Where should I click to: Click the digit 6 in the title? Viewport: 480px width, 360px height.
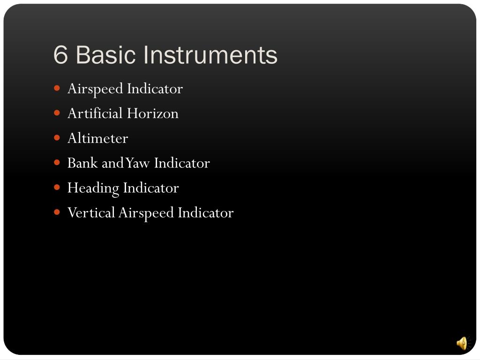[61, 55]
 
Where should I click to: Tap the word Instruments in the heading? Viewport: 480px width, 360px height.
[210, 55]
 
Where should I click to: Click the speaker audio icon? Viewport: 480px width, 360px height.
[462, 343]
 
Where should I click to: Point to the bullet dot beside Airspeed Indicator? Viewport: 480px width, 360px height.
[57, 88]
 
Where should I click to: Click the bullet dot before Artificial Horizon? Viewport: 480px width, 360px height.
[57, 113]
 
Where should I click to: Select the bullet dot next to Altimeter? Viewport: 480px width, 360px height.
[57, 138]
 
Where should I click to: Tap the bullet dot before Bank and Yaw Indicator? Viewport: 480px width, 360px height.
[57, 163]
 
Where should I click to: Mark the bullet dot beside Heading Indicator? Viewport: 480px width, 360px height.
[57, 187]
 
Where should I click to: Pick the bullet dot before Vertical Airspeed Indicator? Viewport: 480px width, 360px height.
[57, 212]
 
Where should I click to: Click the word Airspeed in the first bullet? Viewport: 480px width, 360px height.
[96, 89]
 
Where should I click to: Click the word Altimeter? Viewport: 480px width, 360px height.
[97, 138]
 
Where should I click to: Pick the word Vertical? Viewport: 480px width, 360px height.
[91, 213]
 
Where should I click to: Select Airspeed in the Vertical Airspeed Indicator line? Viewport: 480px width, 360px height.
[147, 213]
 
